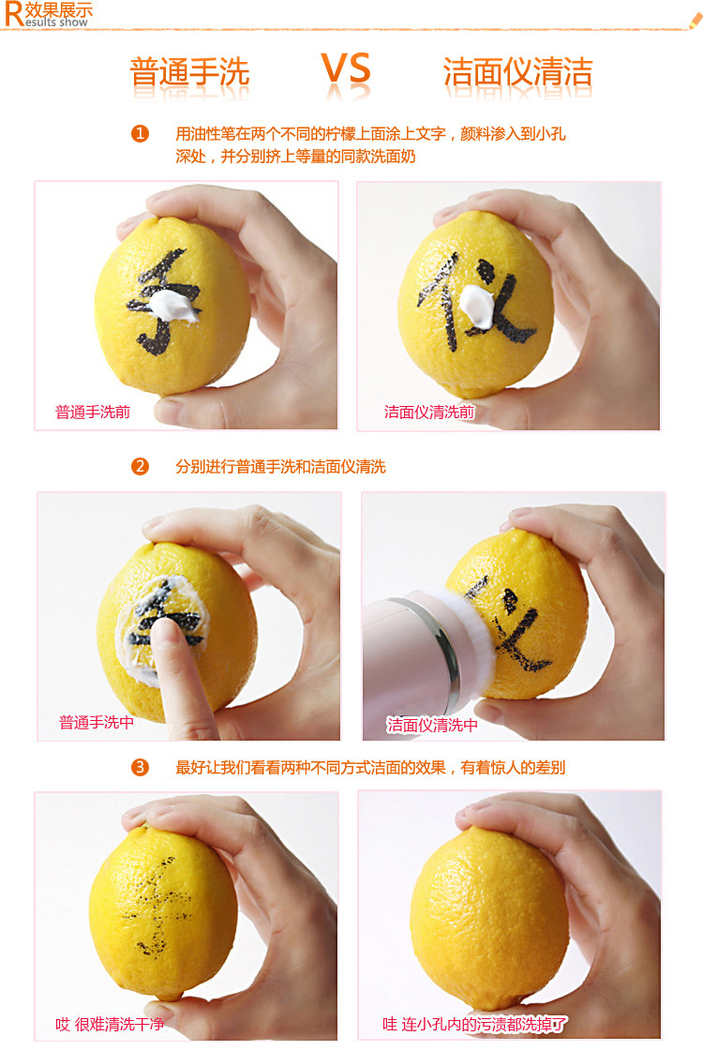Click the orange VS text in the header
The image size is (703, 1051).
pos(346,69)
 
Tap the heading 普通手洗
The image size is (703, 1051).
pos(189,71)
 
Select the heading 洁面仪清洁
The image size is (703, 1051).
pos(518,71)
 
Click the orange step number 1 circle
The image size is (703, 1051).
pos(140,133)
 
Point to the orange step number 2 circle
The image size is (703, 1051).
pos(140,466)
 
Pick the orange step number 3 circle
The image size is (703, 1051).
pos(140,767)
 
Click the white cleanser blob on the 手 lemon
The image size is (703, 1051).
pos(173,306)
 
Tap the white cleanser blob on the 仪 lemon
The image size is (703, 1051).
pos(477,307)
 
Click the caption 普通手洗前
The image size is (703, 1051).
pos(93,412)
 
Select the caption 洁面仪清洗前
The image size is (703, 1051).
pos(429,412)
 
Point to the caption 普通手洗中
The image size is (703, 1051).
pos(97,722)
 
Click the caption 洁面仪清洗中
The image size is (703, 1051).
pos(432,725)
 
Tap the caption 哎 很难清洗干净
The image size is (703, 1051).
pos(110,1024)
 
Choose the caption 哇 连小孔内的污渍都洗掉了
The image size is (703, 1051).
pos(474,1024)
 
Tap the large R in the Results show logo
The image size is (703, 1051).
pos(13,14)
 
